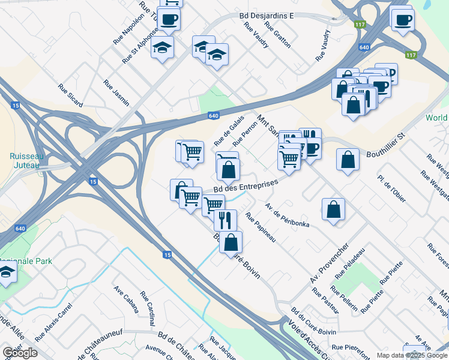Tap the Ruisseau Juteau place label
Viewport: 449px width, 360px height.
point(25,160)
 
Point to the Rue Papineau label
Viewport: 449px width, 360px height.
point(260,227)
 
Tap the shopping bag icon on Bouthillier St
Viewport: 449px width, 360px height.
point(348,160)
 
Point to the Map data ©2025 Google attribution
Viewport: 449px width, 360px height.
point(412,355)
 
